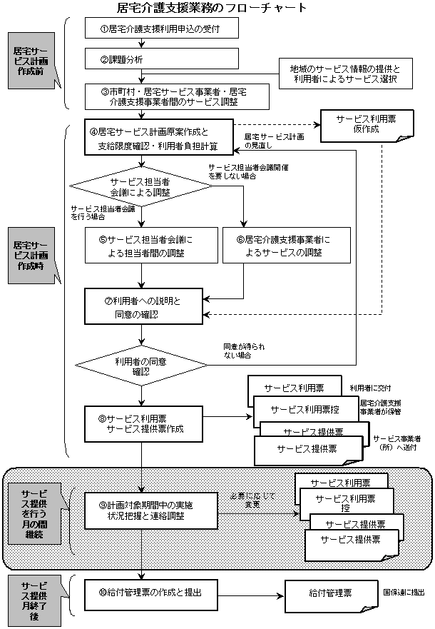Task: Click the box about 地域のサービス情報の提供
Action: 345,75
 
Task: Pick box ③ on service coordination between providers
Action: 174,96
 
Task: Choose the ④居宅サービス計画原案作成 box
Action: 159,139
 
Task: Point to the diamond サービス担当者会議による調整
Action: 140,187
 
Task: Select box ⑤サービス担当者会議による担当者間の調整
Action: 145,245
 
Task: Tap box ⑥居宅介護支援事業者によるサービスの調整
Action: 283,245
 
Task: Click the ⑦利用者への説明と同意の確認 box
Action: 145,307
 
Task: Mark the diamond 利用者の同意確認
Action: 140,366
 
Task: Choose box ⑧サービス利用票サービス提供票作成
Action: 145,423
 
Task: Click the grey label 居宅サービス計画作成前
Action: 31,59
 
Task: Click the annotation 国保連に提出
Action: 403,592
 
